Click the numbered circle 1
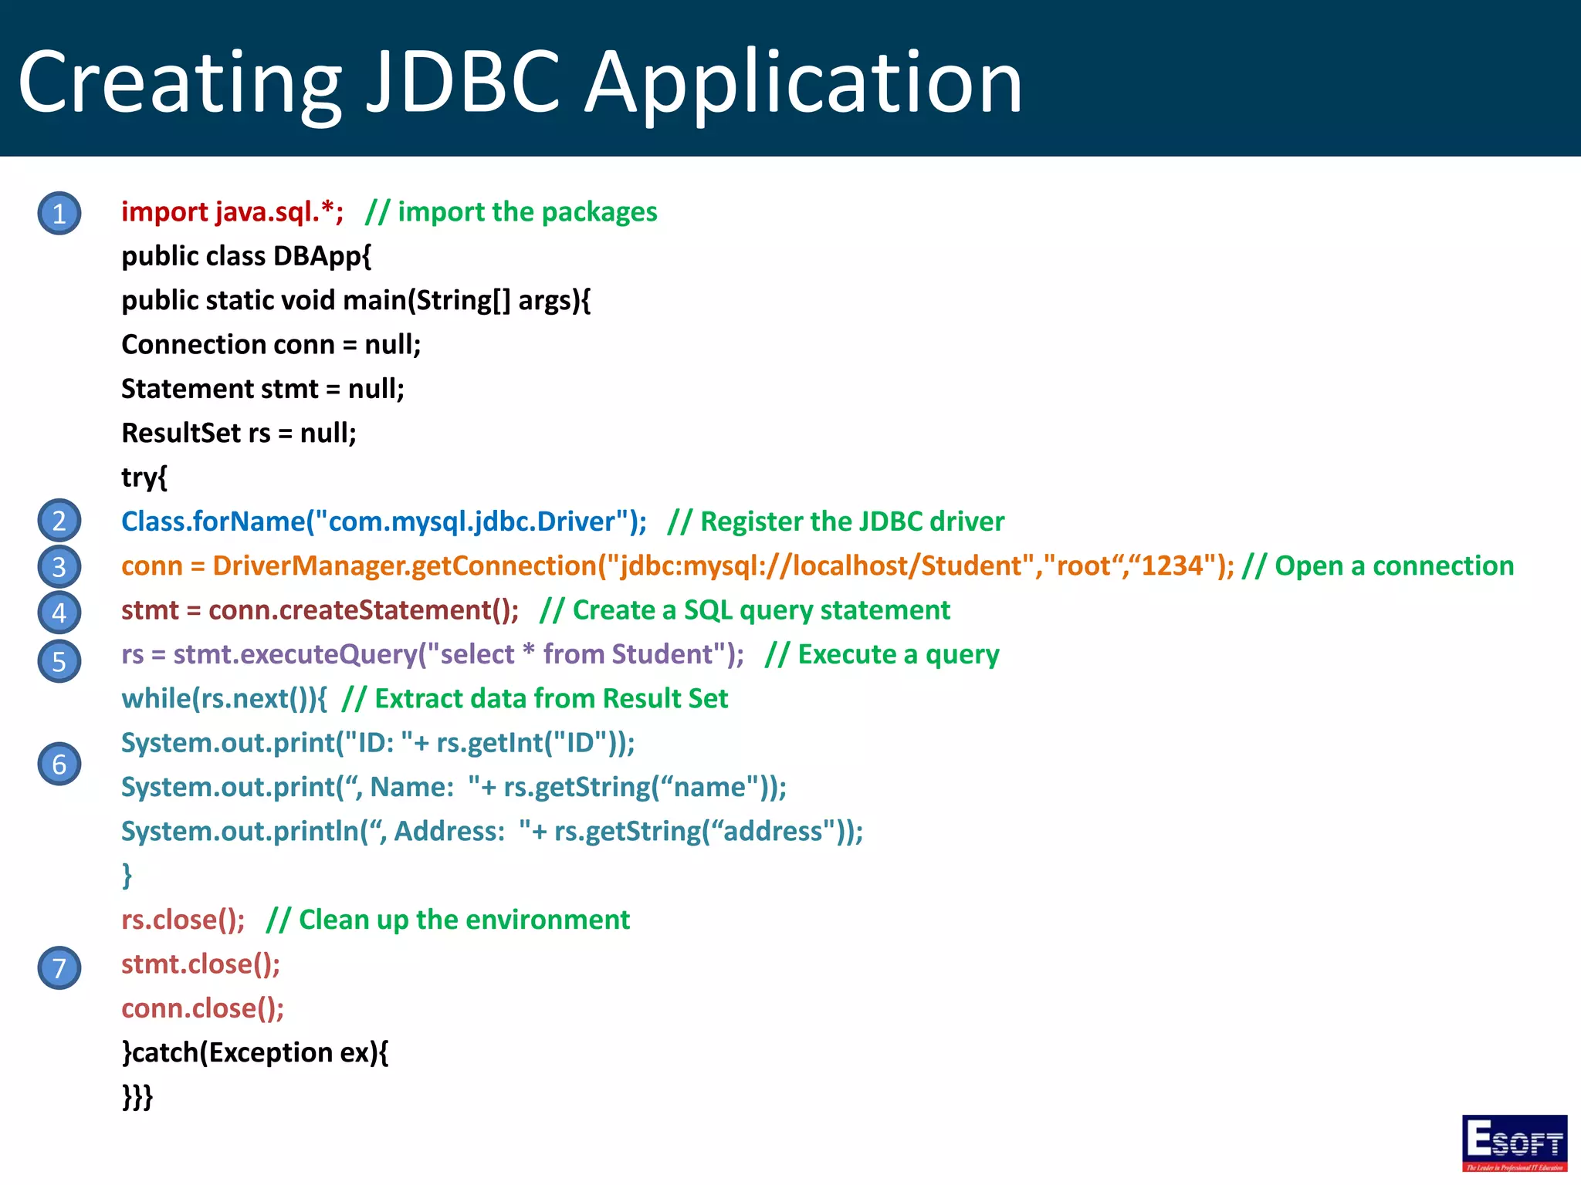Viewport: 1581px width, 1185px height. [59, 213]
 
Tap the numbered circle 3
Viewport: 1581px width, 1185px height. [59, 567]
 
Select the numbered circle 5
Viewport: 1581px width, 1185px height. [59, 661]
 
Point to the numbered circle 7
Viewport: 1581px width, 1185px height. [59, 967]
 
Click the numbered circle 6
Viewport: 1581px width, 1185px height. [59, 764]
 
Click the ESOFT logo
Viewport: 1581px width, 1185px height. [1514, 1143]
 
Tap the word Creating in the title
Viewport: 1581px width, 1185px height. [179, 82]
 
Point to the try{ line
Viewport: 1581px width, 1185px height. [144, 478]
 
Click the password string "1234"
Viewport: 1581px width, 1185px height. [1172, 565]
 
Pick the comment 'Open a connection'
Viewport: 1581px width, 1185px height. [1378, 565]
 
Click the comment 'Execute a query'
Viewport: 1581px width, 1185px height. [882, 654]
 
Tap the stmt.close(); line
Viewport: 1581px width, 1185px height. [201, 964]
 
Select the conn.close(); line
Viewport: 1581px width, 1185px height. [202, 1008]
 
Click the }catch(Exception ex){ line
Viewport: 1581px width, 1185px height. [255, 1052]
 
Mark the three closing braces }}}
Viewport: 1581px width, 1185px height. [137, 1096]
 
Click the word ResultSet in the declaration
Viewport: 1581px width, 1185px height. [181, 433]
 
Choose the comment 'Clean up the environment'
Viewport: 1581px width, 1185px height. [448, 920]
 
